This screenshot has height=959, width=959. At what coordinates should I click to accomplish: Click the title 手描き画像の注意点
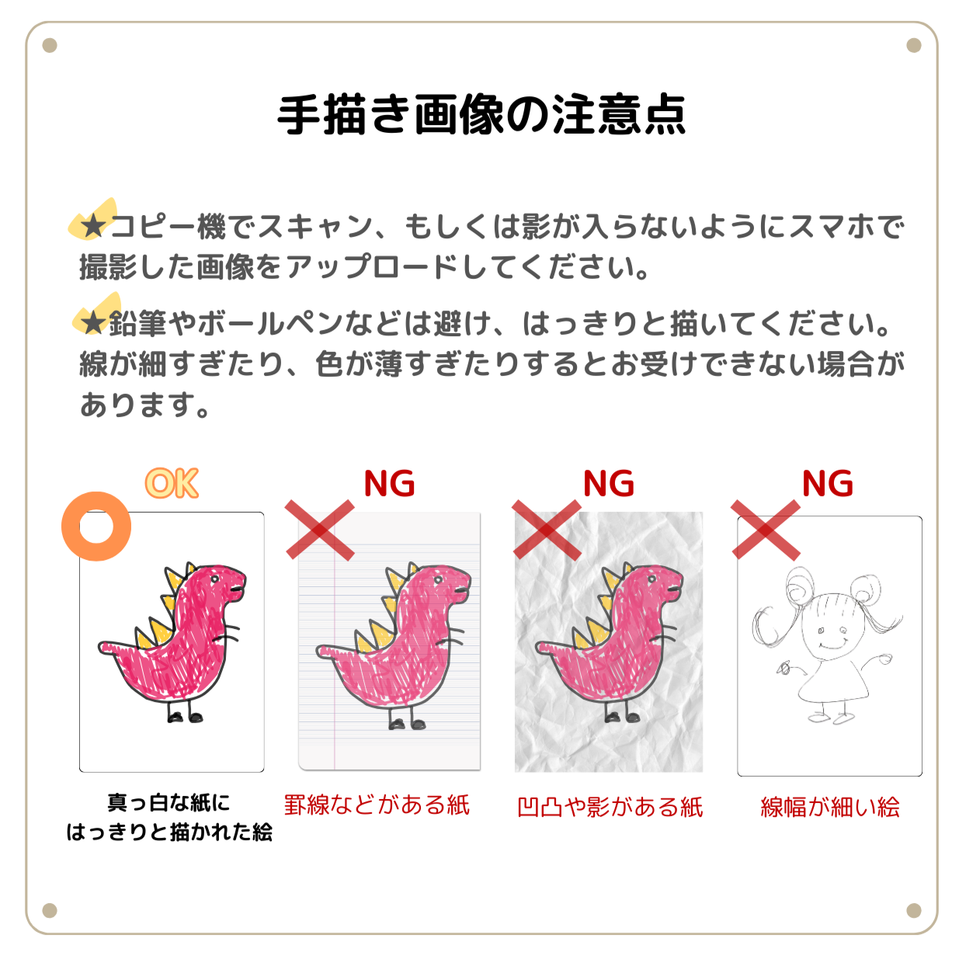tap(481, 115)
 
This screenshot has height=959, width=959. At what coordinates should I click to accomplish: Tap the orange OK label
tap(172, 483)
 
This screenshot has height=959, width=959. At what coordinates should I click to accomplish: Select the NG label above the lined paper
tap(389, 483)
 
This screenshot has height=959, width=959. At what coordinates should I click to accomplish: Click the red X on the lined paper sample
tap(319, 530)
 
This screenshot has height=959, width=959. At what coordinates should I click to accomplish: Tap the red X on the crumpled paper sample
tap(547, 530)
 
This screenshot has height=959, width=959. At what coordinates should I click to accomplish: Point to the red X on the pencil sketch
tap(766, 530)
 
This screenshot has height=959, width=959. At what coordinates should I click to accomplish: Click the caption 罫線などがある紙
tap(377, 804)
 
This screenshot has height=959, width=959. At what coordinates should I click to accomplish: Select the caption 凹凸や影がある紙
tap(610, 807)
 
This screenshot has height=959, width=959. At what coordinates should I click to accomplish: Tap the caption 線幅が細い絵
tap(829, 807)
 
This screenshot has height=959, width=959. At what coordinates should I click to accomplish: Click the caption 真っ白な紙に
tap(169, 803)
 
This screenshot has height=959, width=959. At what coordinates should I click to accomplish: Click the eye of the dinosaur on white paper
tap(215, 579)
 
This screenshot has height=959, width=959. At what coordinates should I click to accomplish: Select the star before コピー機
tap(92, 227)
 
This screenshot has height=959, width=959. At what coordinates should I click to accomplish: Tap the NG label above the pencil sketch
tap(827, 483)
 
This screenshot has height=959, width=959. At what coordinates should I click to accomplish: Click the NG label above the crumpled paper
tap(608, 483)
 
